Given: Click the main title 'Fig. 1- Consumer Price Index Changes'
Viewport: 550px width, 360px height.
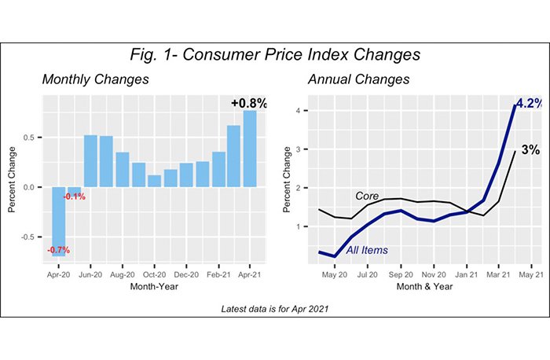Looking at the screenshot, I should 274,56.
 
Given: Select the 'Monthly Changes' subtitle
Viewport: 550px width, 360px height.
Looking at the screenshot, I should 95,80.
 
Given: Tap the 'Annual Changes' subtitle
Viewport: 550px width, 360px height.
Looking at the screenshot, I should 347,80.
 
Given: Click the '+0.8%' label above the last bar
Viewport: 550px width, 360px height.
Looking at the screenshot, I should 249,103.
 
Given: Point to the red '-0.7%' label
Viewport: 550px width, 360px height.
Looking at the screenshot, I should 58,250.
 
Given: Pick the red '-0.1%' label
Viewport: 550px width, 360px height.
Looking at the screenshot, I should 75,196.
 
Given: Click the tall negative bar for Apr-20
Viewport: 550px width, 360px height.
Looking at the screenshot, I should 58,221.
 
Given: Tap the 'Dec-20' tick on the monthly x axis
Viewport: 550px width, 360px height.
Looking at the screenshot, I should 185,276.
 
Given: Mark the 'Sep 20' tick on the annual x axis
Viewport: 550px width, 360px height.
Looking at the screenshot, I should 401,276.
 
